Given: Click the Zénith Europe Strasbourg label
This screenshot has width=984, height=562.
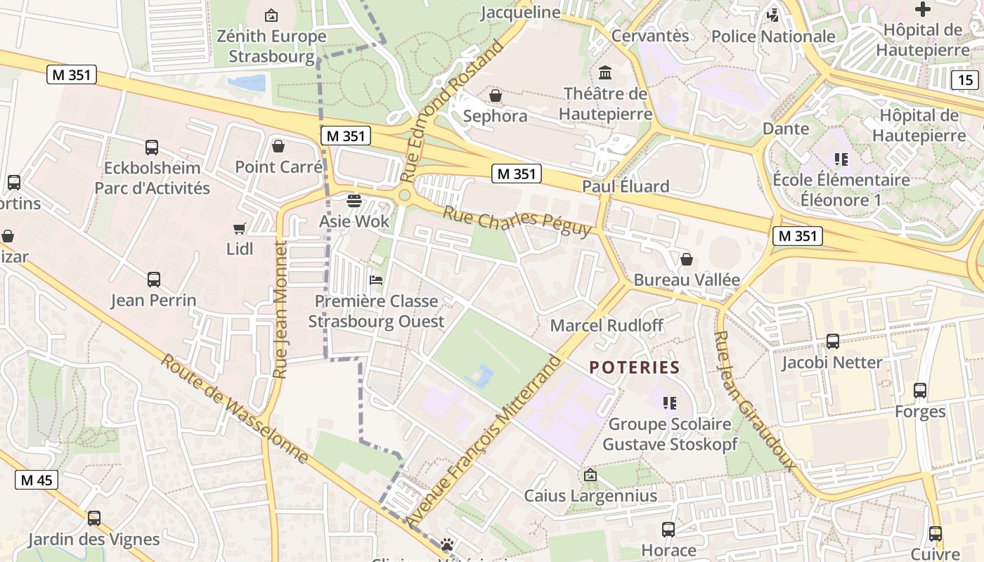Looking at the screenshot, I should [271, 46].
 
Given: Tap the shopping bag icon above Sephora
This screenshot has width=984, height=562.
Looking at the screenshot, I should [496, 96].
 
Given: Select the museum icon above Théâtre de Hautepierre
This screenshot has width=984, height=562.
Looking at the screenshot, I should [604, 73].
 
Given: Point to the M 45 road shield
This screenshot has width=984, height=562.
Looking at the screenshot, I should [37, 481].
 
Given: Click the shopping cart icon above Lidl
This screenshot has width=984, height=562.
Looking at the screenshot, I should [240, 228].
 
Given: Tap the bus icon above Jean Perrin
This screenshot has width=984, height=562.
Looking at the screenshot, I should [153, 280].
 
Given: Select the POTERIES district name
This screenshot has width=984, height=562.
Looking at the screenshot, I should [635, 367].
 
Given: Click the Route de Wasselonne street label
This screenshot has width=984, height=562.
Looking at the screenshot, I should [234, 409].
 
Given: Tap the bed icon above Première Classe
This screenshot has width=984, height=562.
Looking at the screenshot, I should [376, 280].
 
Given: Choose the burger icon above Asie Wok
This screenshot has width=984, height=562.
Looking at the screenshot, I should [354, 200].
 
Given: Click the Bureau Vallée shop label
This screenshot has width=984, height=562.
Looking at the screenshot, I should [687, 280].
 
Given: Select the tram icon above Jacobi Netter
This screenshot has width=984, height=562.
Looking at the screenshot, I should [832, 342].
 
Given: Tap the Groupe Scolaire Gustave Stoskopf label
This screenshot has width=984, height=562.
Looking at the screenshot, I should [670, 434].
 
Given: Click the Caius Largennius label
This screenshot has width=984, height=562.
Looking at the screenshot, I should [590, 495].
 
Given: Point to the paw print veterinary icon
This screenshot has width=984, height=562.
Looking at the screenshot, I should [447, 544].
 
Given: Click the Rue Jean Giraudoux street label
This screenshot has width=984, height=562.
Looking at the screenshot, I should [755, 400].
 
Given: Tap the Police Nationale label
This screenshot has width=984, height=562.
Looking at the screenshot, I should [773, 37].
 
